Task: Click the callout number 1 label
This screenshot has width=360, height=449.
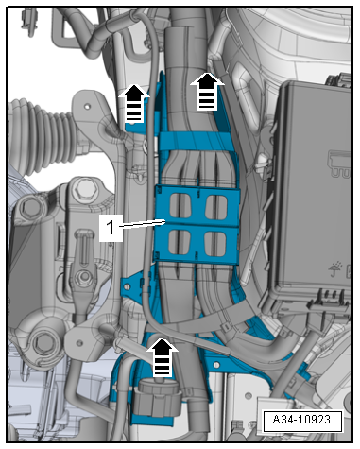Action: coord(111,228)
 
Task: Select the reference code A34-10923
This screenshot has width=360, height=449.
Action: coord(301,420)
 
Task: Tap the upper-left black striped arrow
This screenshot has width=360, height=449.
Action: coord(134,103)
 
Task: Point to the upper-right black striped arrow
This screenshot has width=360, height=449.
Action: coord(207,92)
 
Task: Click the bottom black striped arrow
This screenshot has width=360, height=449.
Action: coord(163,357)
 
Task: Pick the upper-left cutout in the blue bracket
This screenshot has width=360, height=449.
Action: coord(180,207)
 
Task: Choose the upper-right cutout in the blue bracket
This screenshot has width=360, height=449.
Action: coord(216,207)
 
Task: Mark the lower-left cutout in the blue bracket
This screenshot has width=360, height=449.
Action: coord(180,243)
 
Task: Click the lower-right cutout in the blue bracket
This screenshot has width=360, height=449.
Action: coord(215,244)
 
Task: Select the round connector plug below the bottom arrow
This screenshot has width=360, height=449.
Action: coord(158,398)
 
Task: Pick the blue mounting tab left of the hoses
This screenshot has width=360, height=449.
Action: coord(134,285)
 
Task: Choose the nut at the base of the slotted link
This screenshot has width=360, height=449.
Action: coord(84,277)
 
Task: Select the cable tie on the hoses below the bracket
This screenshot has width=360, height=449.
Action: coord(228,327)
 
